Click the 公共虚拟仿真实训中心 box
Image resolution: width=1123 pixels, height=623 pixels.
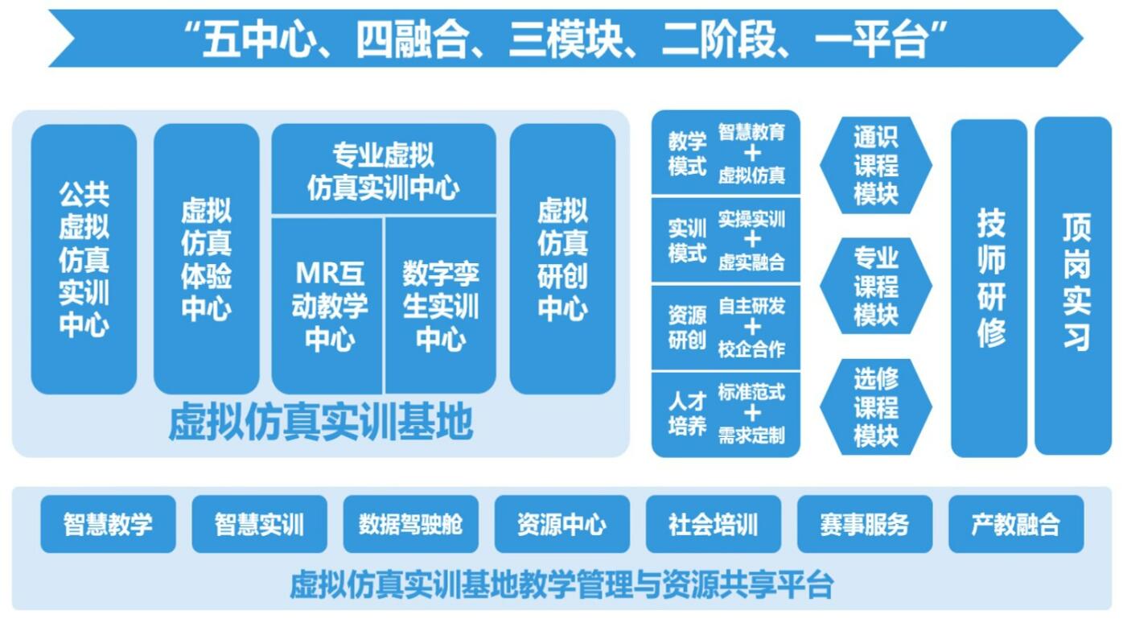coord(84,259)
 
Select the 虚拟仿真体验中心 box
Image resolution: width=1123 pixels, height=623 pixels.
coord(207,259)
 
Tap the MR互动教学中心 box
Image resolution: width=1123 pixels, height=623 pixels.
coord(327,306)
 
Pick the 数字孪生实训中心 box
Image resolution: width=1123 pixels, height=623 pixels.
coord(441,306)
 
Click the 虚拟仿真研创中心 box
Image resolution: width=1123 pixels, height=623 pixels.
coord(562,259)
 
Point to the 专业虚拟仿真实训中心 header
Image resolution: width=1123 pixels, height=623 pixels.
coord(384,170)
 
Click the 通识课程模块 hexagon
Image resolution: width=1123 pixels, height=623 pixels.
coord(876,165)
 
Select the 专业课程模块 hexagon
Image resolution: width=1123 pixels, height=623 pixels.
coord(876,286)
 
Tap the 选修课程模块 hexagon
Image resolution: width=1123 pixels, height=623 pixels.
coord(876,406)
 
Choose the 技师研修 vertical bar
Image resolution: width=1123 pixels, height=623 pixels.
coord(989,288)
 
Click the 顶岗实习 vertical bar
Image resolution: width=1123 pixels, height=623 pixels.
coord(1073,286)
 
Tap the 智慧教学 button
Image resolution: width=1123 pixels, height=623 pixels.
coord(109,524)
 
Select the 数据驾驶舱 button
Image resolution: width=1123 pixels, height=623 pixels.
coord(411,524)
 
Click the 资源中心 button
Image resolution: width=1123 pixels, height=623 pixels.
coord(562,524)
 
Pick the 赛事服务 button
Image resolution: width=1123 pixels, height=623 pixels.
coord(865,524)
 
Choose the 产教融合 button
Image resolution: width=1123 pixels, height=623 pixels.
coord(1016,524)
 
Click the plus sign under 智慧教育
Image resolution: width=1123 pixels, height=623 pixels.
coord(752,154)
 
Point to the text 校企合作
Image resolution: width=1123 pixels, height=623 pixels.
coord(751,349)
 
